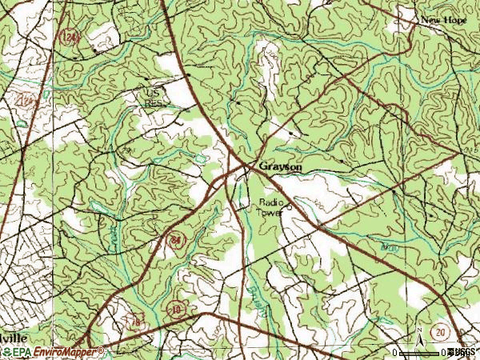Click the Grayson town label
280,166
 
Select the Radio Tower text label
271,207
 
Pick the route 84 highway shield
175,239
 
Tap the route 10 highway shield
175,308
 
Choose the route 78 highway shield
137,321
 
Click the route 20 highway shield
438,331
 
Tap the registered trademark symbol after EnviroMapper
101,349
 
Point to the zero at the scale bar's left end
397,352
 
